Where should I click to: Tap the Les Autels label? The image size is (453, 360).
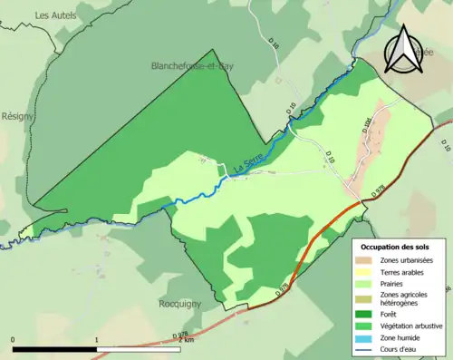coord(54,15)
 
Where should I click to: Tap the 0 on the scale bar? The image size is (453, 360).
coord(13,340)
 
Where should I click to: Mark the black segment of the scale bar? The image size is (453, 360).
coord(54,349)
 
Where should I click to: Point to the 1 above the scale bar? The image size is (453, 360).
coord(97,340)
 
